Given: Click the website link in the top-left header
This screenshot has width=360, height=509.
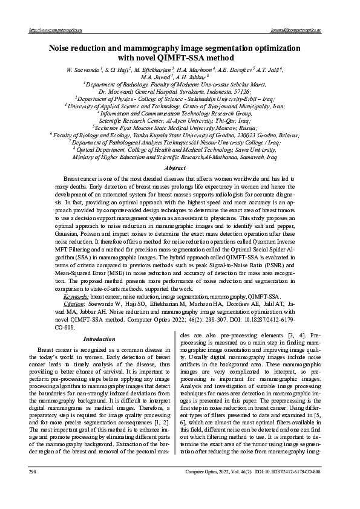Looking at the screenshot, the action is [x=56, y=29].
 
